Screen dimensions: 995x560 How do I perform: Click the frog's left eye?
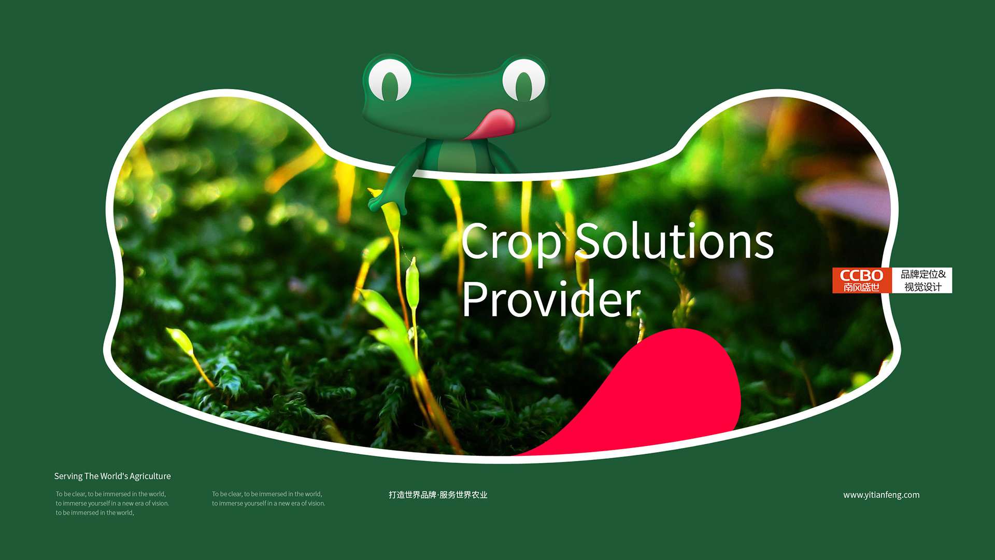[390, 80]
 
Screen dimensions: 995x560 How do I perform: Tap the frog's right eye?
[524, 80]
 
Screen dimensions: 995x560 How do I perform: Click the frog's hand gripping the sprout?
[381, 200]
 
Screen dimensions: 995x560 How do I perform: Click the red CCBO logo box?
[862, 281]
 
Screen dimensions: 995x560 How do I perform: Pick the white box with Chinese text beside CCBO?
[922, 281]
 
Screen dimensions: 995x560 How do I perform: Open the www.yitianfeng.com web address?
[882, 495]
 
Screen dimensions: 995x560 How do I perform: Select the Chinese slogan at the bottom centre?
[438, 495]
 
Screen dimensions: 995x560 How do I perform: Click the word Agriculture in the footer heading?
[150, 477]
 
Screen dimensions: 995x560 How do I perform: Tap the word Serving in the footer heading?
[68, 477]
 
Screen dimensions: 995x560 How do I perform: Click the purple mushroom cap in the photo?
[845, 200]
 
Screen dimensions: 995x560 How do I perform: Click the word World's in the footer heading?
[114, 476]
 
